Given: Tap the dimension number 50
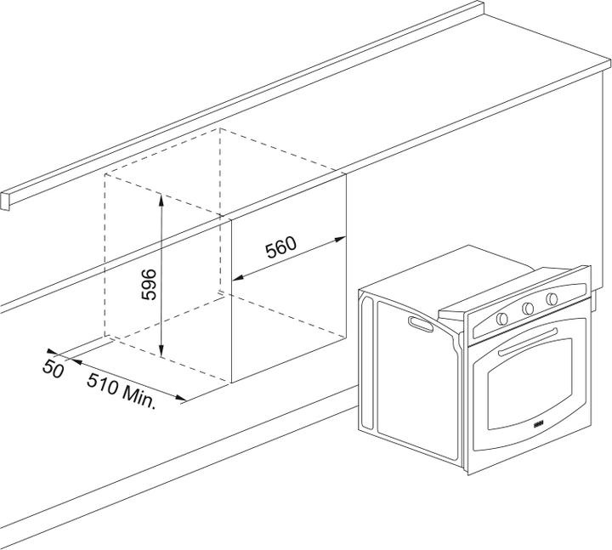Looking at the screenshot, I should [54, 371].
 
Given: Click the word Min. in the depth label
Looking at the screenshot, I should [138, 397].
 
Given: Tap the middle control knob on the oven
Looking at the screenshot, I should [528, 307].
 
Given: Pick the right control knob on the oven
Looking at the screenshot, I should [552, 298].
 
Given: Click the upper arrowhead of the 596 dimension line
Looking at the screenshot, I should [161, 197].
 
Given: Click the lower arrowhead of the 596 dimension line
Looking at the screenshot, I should [161, 351].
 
